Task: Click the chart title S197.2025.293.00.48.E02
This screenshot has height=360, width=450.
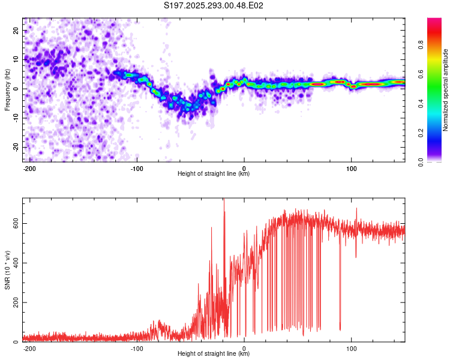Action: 214,5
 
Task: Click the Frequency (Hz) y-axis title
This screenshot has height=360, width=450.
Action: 7,91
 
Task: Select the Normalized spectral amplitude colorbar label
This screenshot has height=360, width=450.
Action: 446,91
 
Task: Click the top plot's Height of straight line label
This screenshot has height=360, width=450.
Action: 214,173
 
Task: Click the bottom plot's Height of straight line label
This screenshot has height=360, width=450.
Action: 214,353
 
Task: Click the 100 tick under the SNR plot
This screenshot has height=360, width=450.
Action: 352,347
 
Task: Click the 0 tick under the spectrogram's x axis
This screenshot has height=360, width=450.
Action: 244,167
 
